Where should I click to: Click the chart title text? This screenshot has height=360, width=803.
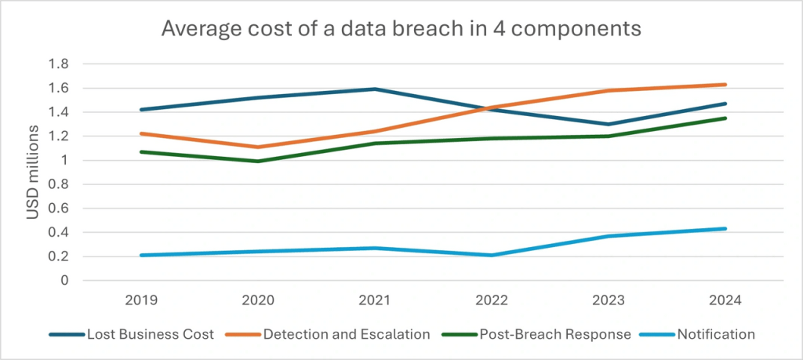[401, 29]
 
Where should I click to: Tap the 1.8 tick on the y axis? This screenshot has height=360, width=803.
[60, 64]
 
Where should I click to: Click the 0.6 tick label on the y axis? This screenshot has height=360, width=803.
[60, 209]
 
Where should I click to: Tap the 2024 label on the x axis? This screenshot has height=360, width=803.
[725, 300]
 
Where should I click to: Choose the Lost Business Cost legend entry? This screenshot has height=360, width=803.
[131, 334]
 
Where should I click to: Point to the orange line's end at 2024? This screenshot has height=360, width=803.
[725, 84]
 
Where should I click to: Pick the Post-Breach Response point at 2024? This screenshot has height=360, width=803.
[725, 118]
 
